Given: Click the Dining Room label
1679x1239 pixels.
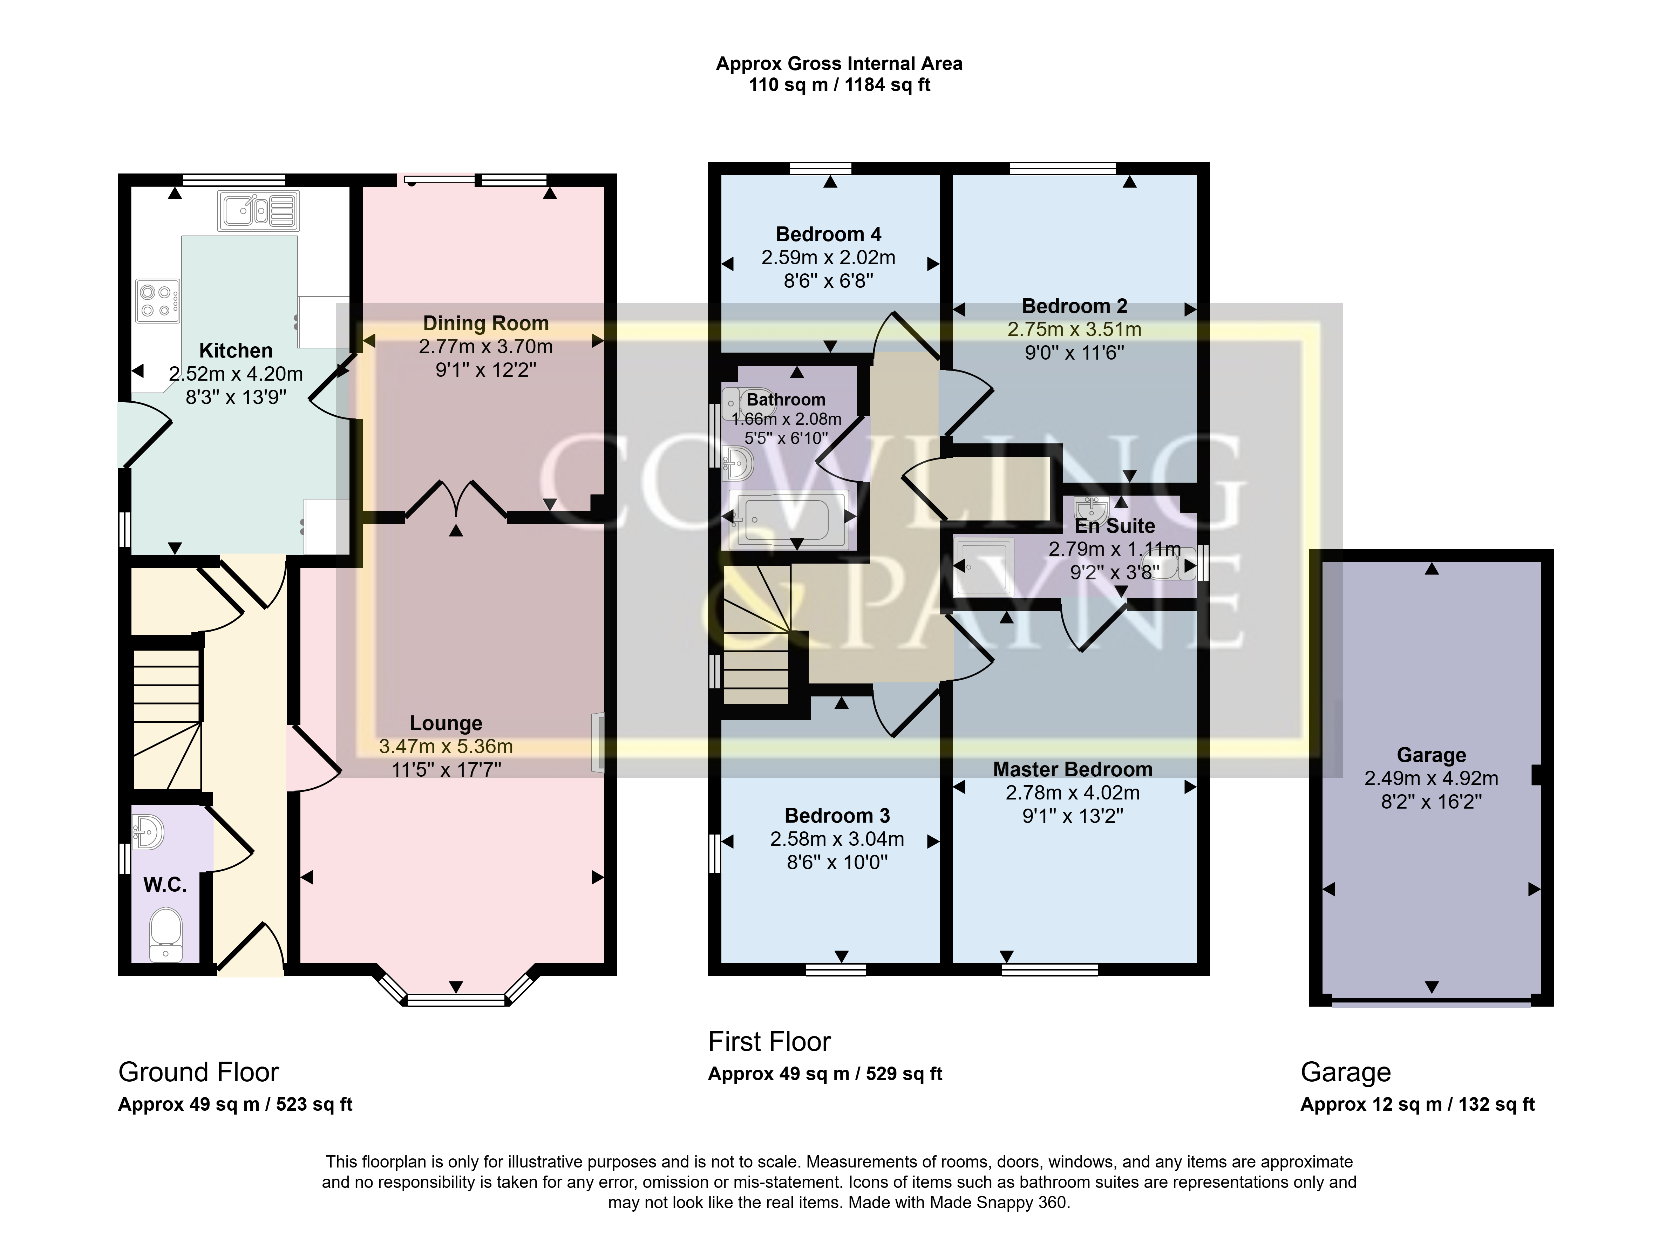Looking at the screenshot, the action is pyautogui.click(x=486, y=323).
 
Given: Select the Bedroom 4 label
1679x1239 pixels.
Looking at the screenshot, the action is pyautogui.click(x=829, y=234).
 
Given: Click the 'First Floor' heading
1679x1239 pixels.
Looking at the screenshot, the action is pyautogui.click(x=770, y=1042).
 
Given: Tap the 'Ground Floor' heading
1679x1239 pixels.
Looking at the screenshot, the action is pyautogui.click(x=199, y=1073).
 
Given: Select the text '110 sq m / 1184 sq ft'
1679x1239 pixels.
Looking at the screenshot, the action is pyautogui.click(x=839, y=86).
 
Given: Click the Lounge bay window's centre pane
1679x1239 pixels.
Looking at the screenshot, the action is pyautogui.click(x=456, y=1000).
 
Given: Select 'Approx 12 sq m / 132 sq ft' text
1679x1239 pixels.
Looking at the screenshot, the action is pyautogui.click(x=1417, y=1105).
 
